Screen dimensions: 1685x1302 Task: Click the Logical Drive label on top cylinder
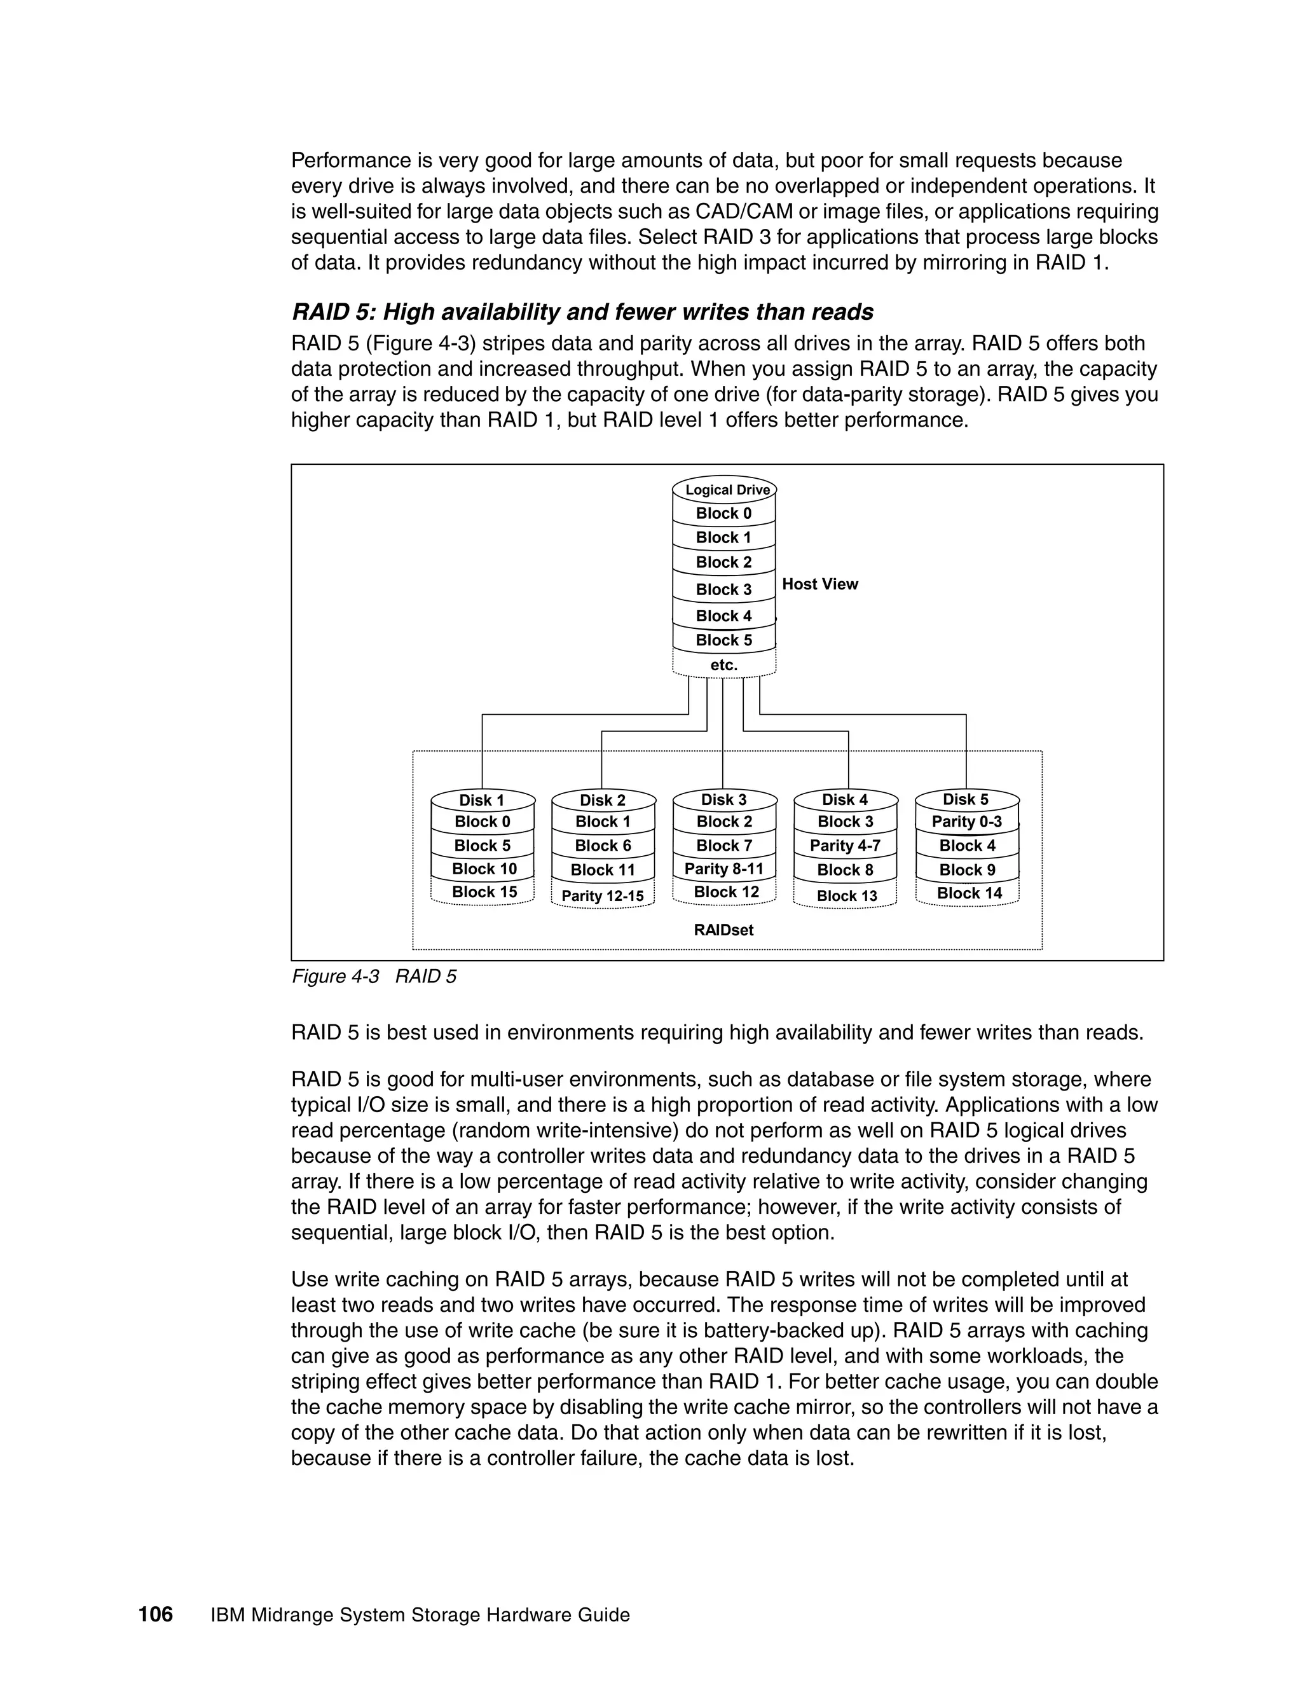pyautogui.click(x=727, y=490)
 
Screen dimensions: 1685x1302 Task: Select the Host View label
pyautogui.click(x=819, y=584)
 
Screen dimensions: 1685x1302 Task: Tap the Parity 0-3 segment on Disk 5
pyautogui.click(x=966, y=822)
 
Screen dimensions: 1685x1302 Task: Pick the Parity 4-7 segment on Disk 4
pyautogui.click(x=845, y=846)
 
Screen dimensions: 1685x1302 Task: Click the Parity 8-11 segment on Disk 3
pyautogui.click(x=723, y=869)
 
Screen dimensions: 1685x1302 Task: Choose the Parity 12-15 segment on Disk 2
pyautogui.click(x=603, y=896)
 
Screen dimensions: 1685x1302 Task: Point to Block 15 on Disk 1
pyautogui.click(x=484, y=892)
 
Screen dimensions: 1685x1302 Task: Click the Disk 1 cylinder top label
pyautogui.click(x=481, y=800)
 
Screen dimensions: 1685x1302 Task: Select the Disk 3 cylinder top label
pyautogui.click(x=723, y=799)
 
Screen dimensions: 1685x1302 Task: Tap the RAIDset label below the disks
pyautogui.click(x=723, y=930)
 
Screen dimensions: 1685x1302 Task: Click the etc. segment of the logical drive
pyautogui.click(x=723, y=664)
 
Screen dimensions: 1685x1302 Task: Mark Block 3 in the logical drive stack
pyautogui.click(x=723, y=589)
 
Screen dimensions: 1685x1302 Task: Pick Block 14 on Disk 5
pyautogui.click(x=969, y=893)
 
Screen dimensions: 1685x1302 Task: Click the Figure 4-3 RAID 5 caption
pyautogui.click(x=374, y=977)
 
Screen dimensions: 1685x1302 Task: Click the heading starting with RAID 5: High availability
pyautogui.click(x=582, y=312)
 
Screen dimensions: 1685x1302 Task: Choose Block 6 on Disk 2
pyautogui.click(x=603, y=846)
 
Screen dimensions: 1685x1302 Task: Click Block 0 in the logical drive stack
pyautogui.click(x=723, y=514)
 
